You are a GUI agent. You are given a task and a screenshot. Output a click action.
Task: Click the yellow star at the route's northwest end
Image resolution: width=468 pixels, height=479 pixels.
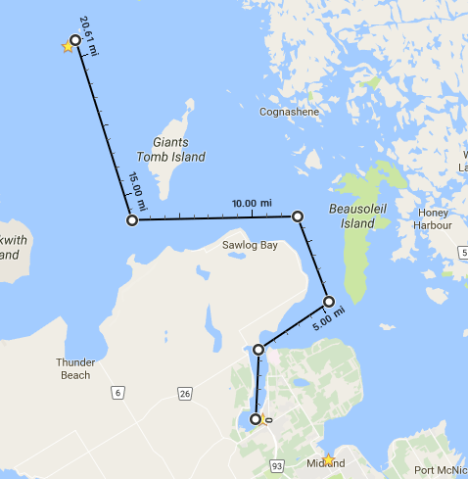tap(69, 46)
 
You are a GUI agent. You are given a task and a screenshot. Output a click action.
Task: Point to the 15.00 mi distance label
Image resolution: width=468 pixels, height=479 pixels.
tap(138, 191)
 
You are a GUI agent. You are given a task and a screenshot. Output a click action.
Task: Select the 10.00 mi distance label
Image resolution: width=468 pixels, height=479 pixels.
tap(251, 203)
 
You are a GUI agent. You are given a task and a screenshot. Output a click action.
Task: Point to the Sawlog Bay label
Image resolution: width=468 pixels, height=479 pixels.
tap(250, 245)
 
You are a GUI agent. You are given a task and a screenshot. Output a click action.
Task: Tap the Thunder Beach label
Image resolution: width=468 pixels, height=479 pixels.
tap(75, 368)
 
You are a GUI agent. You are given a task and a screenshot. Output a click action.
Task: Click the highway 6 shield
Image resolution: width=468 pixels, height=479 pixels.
tap(118, 393)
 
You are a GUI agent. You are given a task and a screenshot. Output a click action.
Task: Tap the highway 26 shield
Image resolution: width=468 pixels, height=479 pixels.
tap(184, 394)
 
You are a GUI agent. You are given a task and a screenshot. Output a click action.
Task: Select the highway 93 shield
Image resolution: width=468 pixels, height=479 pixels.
tap(276, 463)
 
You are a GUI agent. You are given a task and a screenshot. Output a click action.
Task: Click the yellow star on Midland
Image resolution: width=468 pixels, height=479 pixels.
tap(328, 459)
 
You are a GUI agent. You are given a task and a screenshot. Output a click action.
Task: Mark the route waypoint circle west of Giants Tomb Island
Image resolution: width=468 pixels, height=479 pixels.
tap(132, 221)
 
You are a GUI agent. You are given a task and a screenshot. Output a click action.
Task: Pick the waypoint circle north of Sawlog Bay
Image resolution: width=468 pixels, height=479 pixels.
tap(298, 216)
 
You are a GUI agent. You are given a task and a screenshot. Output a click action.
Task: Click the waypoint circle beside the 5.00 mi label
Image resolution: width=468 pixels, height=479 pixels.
tap(329, 302)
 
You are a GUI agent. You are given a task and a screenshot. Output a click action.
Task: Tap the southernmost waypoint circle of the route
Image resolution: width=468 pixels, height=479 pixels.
tap(257, 419)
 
